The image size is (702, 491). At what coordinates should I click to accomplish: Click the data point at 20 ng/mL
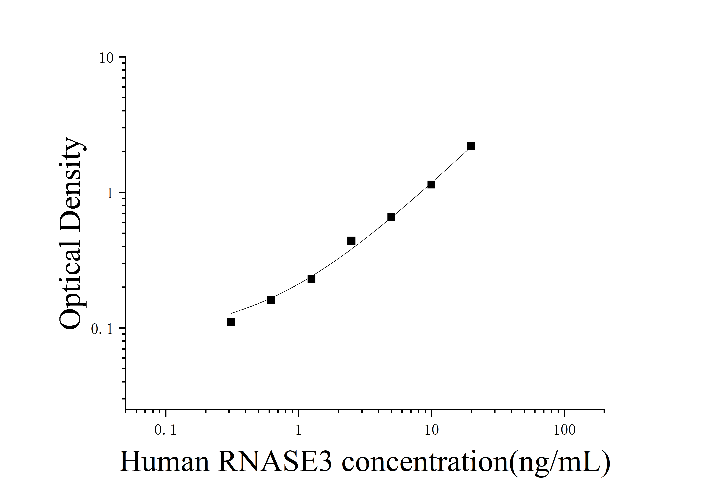(x=471, y=146)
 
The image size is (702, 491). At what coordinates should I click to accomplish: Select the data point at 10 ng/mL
(x=431, y=184)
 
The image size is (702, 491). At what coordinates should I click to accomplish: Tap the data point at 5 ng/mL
(x=391, y=217)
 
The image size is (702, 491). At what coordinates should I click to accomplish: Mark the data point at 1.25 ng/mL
(x=311, y=279)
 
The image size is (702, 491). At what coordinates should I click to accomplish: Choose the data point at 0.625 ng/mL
(x=271, y=300)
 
